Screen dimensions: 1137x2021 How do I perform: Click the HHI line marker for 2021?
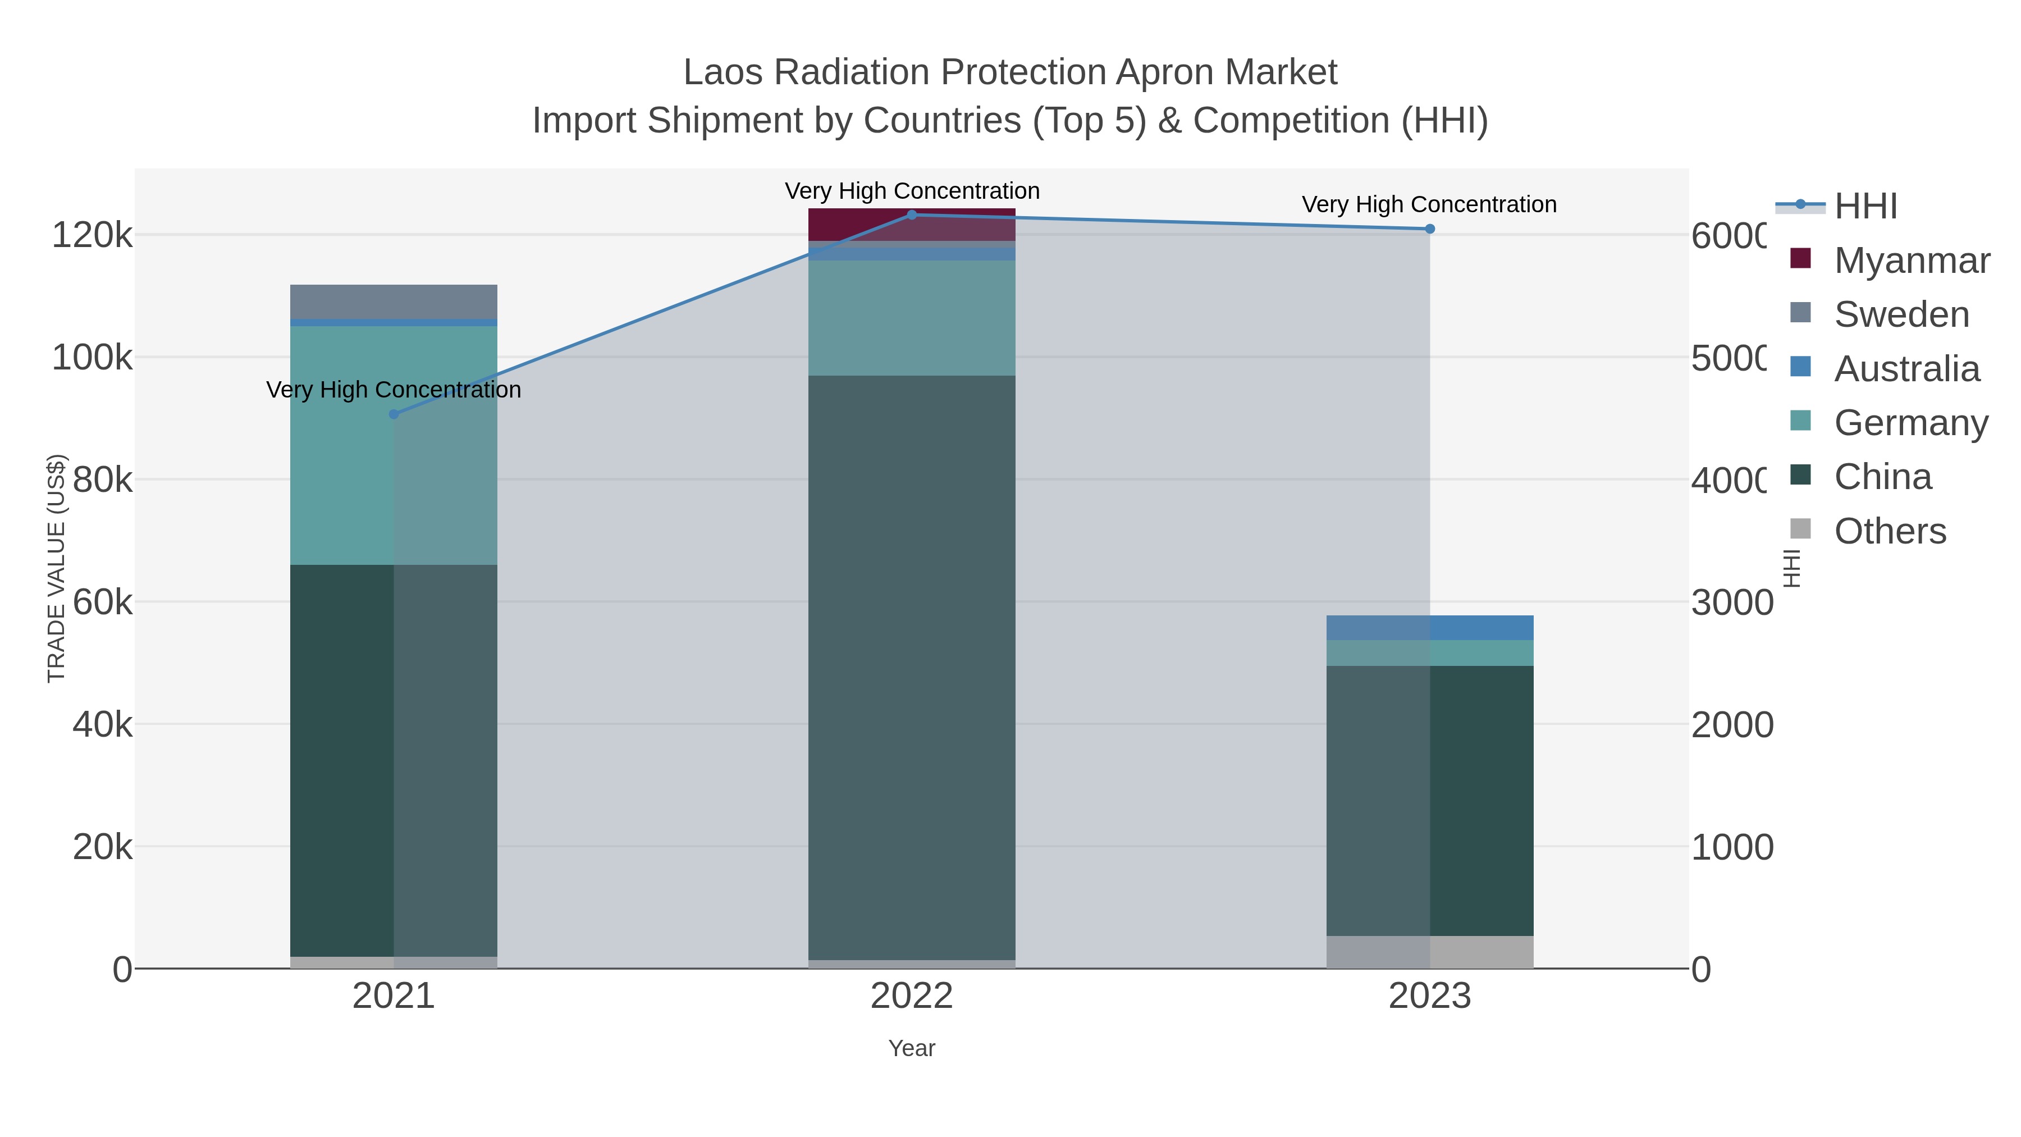pyautogui.click(x=394, y=414)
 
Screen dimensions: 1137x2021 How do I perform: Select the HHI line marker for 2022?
pyautogui.click(x=912, y=215)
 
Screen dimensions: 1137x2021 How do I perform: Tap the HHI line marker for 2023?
pyautogui.click(x=1429, y=229)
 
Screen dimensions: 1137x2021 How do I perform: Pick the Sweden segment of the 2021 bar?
pyautogui.click(x=394, y=302)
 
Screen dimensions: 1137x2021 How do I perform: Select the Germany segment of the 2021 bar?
pyautogui.click(x=394, y=445)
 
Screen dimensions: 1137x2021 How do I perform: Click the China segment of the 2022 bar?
pyautogui.click(x=912, y=667)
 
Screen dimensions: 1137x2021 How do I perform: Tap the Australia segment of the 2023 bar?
pyautogui.click(x=1429, y=628)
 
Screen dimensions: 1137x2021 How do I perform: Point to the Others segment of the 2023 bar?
pyautogui.click(x=1429, y=952)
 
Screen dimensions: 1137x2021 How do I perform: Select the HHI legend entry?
pyautogui.click(x=1865, y=207)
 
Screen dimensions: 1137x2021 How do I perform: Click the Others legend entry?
pyautogui.click(x=1889, y=531)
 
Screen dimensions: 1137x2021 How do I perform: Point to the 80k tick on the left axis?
pyautogui.click(x=102, y=480)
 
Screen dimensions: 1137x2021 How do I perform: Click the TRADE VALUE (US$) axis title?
pyautogui.click(x=57, y=568)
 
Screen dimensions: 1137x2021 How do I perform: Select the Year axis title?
pyautogui.click(x=912, y=1048)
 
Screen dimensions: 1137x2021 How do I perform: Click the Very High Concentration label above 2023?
pyautogui.click(x=1429, y=205)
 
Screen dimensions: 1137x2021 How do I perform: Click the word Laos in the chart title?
pyautogui.click(x=722, y=73)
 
